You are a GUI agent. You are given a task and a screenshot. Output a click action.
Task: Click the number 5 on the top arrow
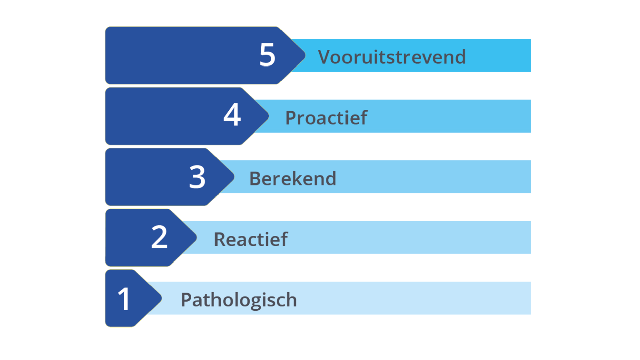(x=267, y=55)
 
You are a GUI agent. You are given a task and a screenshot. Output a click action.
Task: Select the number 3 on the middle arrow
(x=197, y=177)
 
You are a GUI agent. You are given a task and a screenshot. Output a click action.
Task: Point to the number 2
(x=159, y=237)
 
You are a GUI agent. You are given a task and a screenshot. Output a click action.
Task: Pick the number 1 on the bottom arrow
(x=124, y=299)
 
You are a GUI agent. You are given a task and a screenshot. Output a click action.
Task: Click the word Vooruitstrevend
(x=392, y=57)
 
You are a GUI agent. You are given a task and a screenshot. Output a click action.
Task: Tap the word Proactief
(x=326, y=118)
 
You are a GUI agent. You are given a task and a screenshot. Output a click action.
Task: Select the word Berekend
(x=292, y=179)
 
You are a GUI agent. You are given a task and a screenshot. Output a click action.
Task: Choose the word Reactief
(x=250, y=240)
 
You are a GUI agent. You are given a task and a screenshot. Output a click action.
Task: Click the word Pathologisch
(x=239, y=300)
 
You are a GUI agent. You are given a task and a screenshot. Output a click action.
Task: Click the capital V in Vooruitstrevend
(x=325, y=57)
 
